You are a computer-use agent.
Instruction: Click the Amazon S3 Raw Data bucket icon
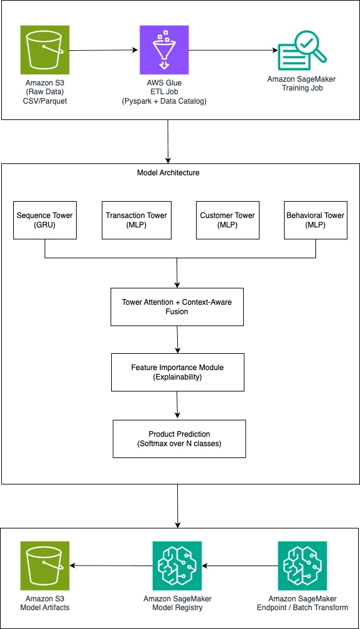tap(45, 50)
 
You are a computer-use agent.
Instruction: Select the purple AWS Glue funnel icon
tap(164, 50)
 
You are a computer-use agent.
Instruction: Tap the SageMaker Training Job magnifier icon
tap(303, 50)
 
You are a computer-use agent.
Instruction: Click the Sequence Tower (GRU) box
tap(45, 220)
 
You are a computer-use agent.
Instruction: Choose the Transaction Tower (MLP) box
tap(136, 220)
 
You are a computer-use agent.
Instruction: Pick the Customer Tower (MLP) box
tap(227, 220)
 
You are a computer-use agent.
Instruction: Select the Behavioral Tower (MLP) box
tap(315, 220)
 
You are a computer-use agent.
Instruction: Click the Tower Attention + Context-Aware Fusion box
tap(177, 307)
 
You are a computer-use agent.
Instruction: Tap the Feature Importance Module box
tap(178, 372)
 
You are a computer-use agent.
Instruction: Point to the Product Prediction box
tap(179, 439)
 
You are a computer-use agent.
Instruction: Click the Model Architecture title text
tap(168, 173)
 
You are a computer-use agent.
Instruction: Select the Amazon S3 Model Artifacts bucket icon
tap(45, 566)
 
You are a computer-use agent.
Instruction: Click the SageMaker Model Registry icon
tap(177, 566)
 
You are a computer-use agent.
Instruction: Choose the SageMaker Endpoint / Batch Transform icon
tap(302, 566)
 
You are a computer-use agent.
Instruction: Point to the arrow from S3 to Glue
tap(104, 50)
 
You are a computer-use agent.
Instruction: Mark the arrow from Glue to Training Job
tap(234, 50)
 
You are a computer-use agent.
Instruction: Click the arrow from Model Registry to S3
tap(111, 566)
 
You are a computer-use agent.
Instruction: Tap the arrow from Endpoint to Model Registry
tap(240, 566)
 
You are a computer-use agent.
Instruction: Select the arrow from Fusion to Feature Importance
tap(177, 339)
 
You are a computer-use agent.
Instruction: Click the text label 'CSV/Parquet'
tap(45, 101)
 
